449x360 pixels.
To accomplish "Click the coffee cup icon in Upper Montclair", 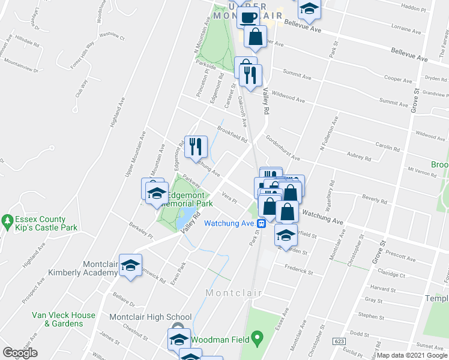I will [249, 16].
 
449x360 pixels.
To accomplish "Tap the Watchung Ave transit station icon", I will [262, 223].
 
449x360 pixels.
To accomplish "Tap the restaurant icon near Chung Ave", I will [196, 145].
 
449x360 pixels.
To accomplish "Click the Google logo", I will [20, 353].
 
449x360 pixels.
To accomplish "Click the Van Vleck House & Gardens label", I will [64, 319].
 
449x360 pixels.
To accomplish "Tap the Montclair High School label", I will [150, 317].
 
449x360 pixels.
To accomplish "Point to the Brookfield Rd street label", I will [232, 134].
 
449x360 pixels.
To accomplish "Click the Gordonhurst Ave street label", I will [283, 147].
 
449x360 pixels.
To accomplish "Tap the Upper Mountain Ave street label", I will [135, 155].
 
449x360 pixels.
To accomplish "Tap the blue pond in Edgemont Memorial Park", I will [185, 218].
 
